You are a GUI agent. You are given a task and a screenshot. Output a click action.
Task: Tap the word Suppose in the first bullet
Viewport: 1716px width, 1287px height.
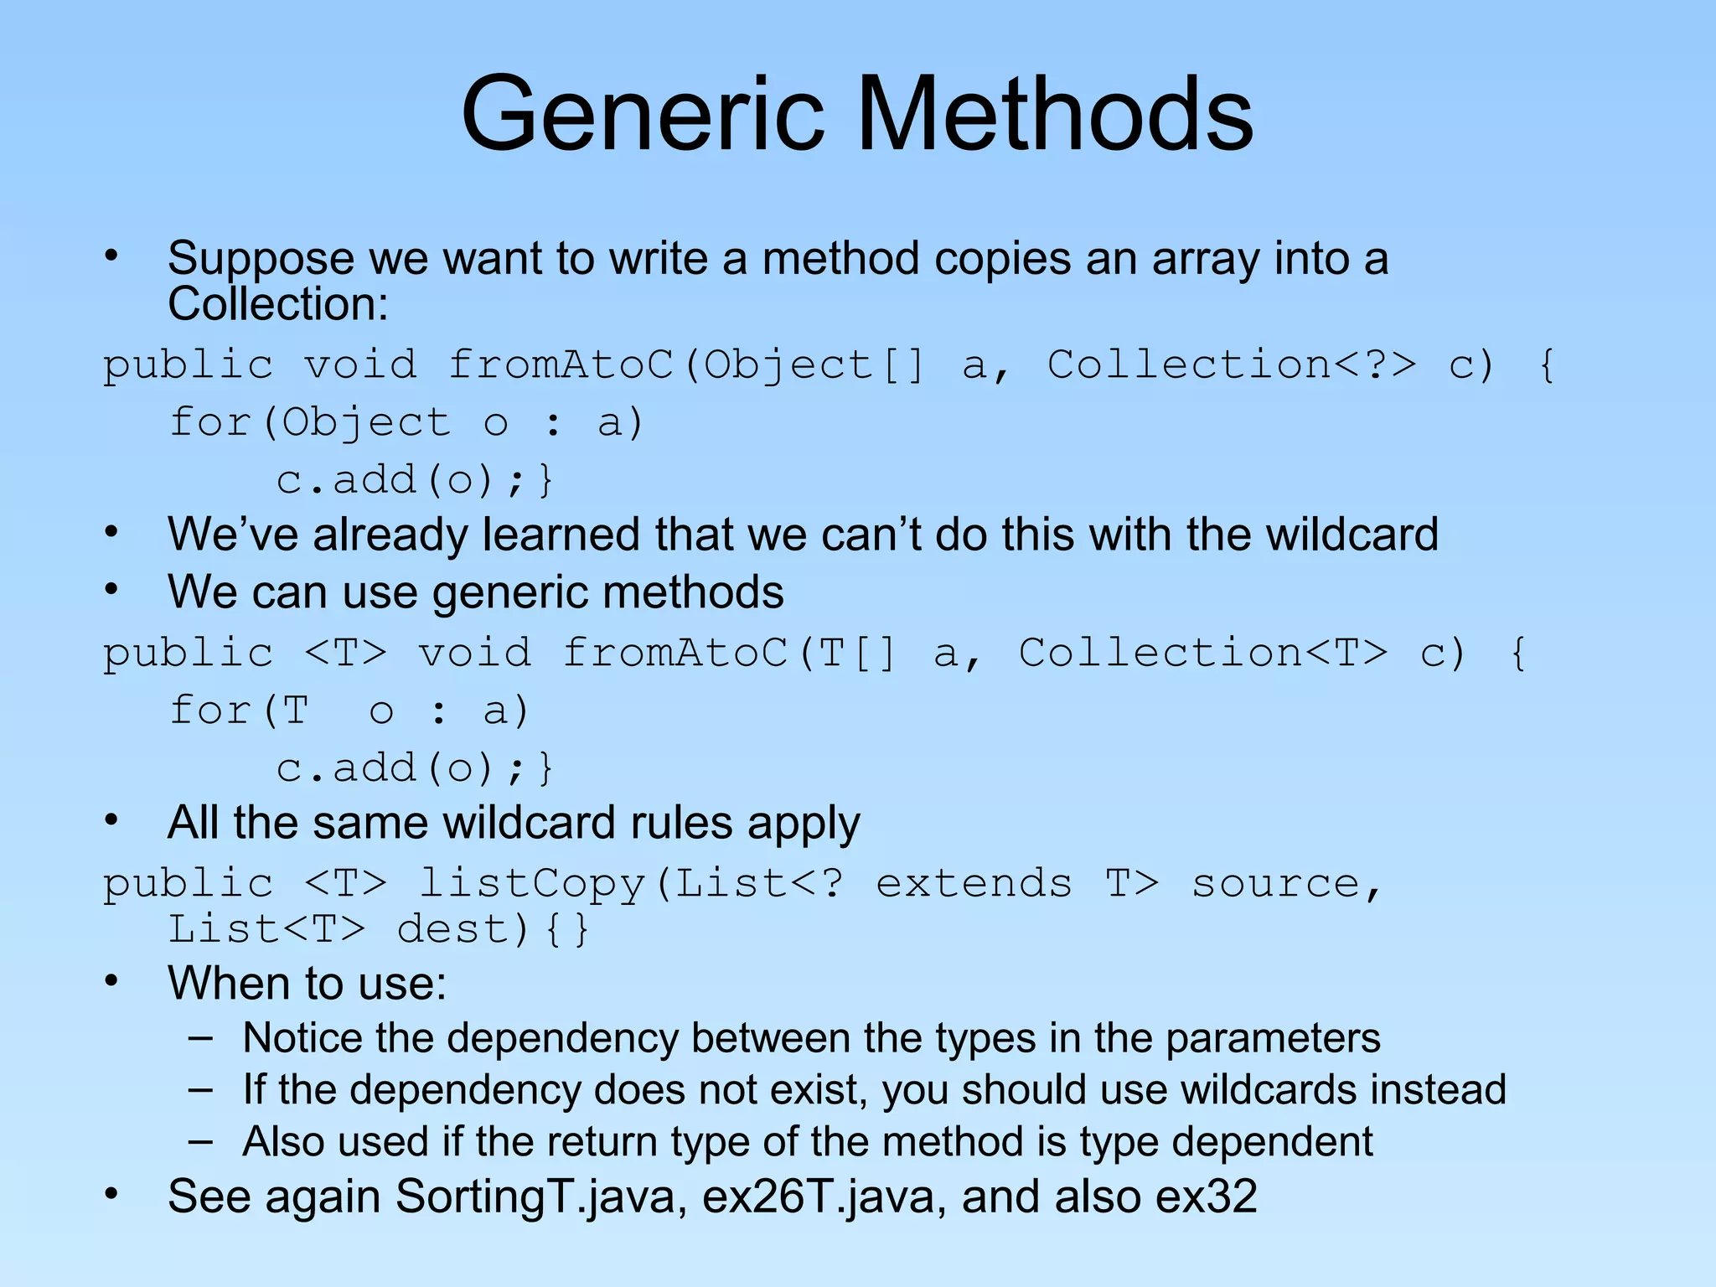tap(260, 259)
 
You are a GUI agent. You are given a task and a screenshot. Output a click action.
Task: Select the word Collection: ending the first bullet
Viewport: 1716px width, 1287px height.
tap(278, 303)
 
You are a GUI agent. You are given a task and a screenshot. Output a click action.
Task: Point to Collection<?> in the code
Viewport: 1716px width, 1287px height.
tap(1232, 365)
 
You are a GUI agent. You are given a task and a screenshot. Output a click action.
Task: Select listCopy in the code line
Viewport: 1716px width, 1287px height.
tap(532, 884)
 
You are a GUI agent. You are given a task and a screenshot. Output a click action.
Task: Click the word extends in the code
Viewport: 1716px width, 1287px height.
tap(974, 884)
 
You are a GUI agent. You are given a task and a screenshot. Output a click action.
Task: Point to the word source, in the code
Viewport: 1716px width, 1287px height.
tap(1286, 884)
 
